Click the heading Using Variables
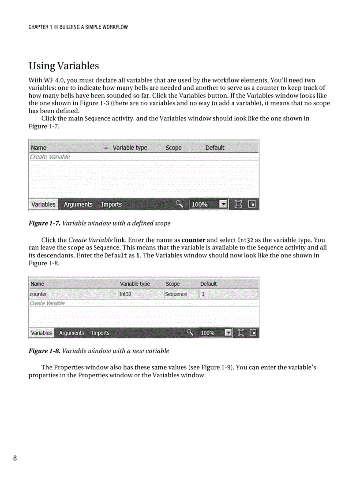point(64,66)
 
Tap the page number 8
point(15,458)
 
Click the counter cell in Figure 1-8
point(38,294)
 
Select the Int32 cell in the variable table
point(126,294)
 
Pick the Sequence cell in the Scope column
point(176,294)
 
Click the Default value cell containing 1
point(203,294)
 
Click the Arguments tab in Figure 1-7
point(78,205)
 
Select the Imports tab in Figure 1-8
point(100,333)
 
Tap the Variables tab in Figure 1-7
point(43,205)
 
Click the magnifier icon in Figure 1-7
point(179,204)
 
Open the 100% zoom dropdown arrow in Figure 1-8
point(228,333)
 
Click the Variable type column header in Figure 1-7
point(130,148)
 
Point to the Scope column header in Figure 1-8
point(172,284)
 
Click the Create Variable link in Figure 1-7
point(50,157)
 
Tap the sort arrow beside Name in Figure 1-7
point(106,148)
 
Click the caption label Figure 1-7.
point(44,223)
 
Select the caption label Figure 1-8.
point(44,351)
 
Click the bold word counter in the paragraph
point(193,240)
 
